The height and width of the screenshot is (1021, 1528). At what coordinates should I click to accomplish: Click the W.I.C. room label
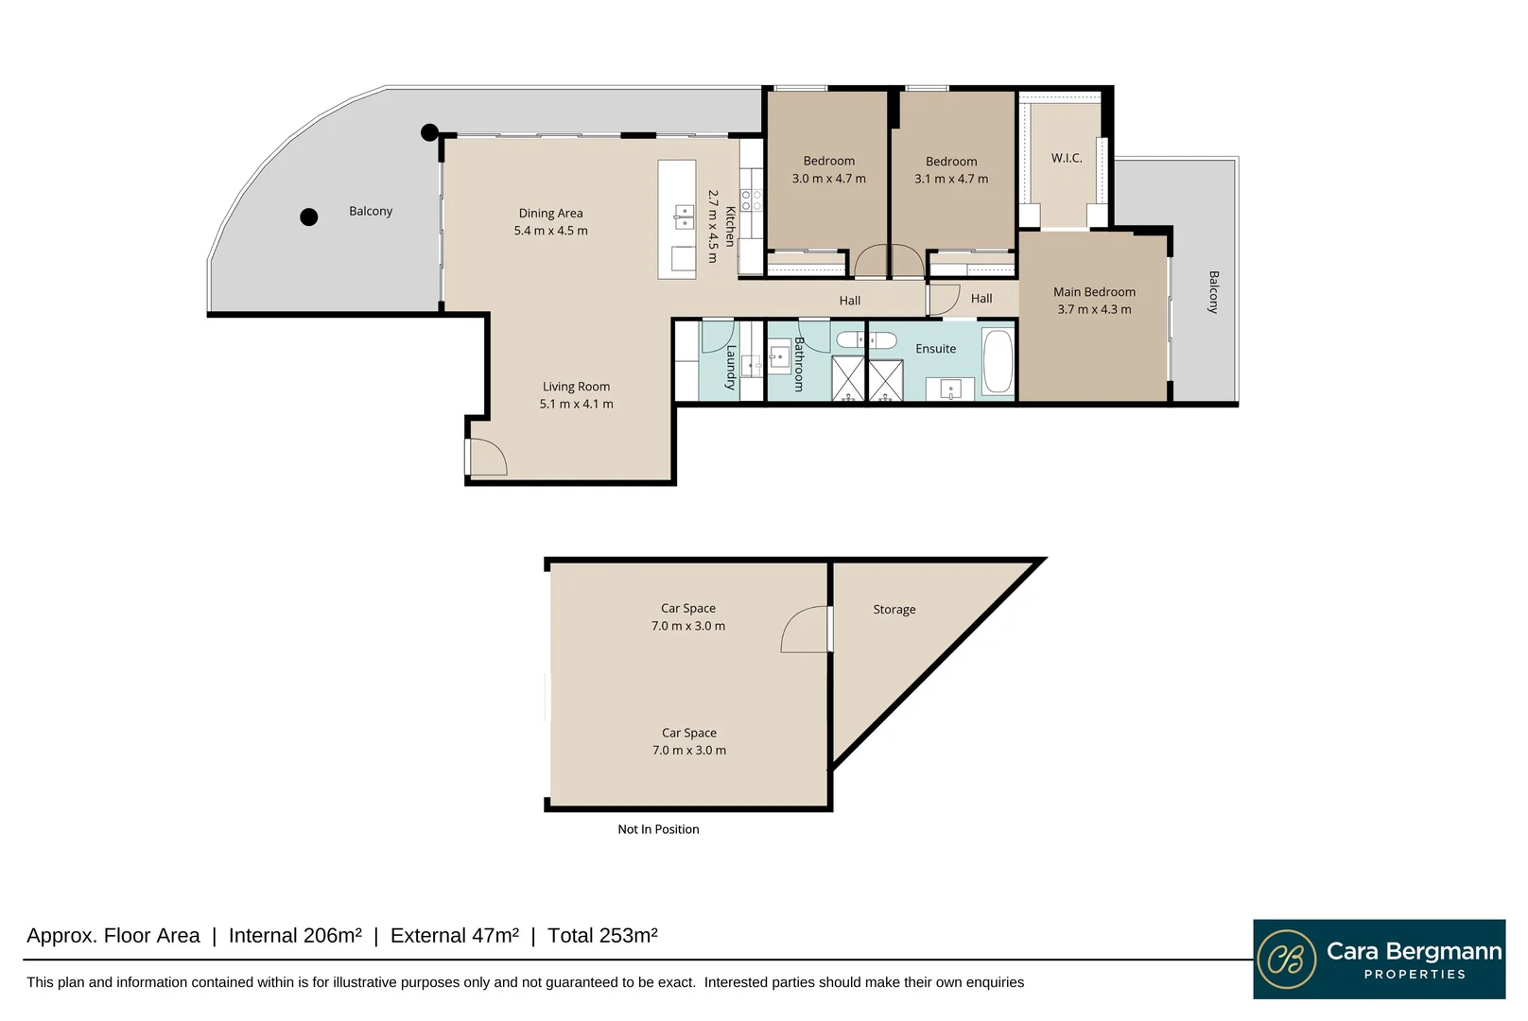pos(1067,158)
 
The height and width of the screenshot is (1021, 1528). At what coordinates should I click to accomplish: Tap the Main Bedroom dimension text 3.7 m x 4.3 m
pos(1094,309)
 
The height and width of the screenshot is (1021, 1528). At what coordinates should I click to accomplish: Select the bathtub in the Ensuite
pos(998,361)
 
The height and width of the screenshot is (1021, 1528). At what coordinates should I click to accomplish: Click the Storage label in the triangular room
pos(894,610)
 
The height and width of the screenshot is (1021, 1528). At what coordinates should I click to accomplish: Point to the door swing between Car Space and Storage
pos(806,630)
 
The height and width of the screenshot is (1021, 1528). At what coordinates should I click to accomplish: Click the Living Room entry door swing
pos(487,458)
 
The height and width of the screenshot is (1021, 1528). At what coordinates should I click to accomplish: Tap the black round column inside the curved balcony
pos(308,216)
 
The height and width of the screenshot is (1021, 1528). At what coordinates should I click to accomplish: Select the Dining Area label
pos(550,213)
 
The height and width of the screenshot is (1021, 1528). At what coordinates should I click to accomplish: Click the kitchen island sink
pos(684,217)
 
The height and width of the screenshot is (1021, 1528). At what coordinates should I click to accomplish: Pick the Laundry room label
pos(730,368)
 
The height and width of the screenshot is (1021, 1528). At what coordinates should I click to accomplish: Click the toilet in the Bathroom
pos(850,338)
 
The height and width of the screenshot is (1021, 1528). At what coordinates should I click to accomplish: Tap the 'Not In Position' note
pos(658,829)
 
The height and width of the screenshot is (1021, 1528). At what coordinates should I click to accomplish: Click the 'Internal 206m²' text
pos(295,936)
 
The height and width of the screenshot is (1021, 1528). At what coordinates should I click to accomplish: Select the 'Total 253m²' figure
pos(602,936)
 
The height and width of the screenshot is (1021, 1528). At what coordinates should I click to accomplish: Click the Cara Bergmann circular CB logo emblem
pos(1286,959)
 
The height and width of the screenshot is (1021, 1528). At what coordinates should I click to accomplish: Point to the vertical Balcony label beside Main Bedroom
pos(1213,292)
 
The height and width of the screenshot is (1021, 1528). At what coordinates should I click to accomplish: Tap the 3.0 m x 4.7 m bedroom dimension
pos(828,179)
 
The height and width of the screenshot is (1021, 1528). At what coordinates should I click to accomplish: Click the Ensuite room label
pos(935,349)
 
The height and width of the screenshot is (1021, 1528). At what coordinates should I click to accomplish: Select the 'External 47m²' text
pos(454,936)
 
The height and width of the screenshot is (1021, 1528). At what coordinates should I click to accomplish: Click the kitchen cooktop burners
pos(751,199)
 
